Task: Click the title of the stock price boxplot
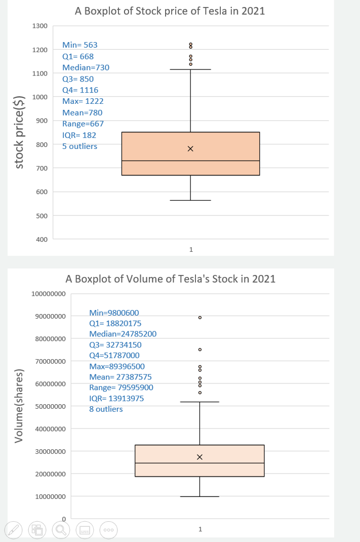[x=170, y=11]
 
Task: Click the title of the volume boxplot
[x=170, y=279]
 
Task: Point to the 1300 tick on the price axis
[x=40, y=26]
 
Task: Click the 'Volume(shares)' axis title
[x=20, y=405]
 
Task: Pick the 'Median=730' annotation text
[x=86, y=67]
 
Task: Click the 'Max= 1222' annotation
[x=83, y=101]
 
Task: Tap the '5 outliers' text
[x=79, y=146]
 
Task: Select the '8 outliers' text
[x=106, y=409]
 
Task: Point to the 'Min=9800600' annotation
[x=113, y=313]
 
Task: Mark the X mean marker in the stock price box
[x=190, y=149]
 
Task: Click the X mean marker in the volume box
[x=199, y=457]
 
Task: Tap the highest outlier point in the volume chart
[x=200, y=318]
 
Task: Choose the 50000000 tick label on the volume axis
[x=51, y=407]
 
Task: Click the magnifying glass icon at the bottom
[x=61, y=529]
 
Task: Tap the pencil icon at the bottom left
[x=13, y=529]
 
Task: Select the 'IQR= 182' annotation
[x=79, y=135]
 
